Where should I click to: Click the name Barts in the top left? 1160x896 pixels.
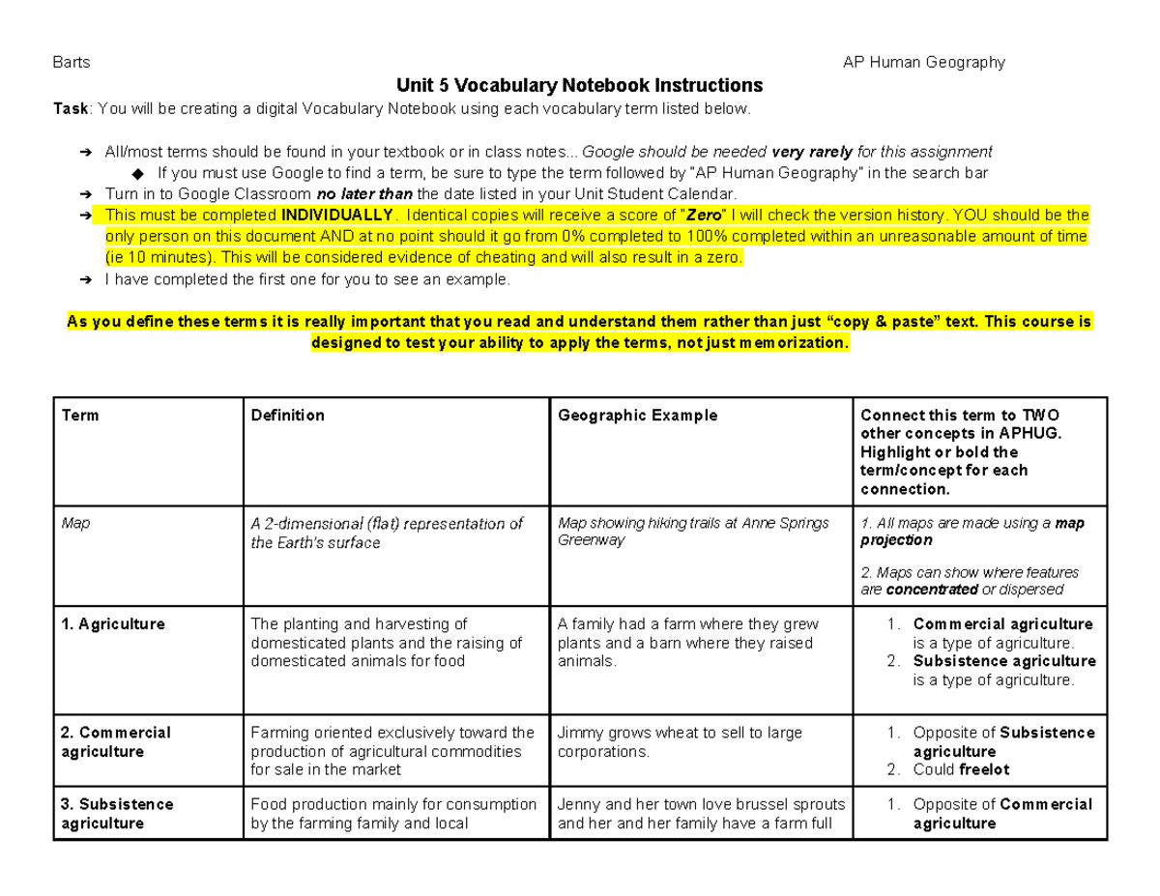(71, 63)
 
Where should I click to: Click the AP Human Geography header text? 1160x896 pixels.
(924, 63)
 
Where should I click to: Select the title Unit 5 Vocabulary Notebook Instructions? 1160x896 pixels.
(579, 85)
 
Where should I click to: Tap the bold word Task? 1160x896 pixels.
(70, 108)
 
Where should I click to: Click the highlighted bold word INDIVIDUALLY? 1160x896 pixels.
(336, 215)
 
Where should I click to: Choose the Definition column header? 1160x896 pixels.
(287, 415)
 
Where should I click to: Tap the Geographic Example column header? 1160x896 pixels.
(637, 415)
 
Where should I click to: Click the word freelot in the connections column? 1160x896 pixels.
(983, 770)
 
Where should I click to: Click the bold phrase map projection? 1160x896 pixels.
(971, 533)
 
